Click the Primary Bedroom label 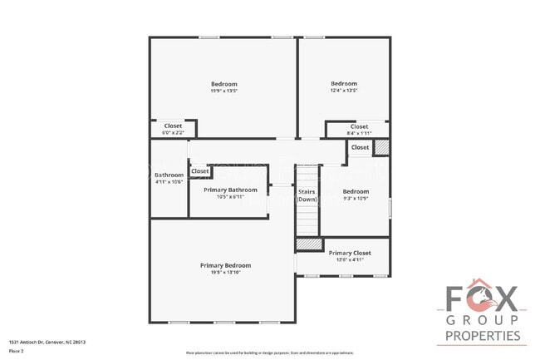225,265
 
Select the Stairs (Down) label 307,195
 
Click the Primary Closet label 350,253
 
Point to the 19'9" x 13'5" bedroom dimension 223,91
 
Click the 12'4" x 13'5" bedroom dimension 343,91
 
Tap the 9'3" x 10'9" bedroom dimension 356,199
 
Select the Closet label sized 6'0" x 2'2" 173,132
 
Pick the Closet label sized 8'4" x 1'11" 359,133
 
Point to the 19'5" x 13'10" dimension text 225,273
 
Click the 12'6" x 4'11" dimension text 350,260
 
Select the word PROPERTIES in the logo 483,336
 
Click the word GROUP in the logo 482,320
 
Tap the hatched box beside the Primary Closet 309,244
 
